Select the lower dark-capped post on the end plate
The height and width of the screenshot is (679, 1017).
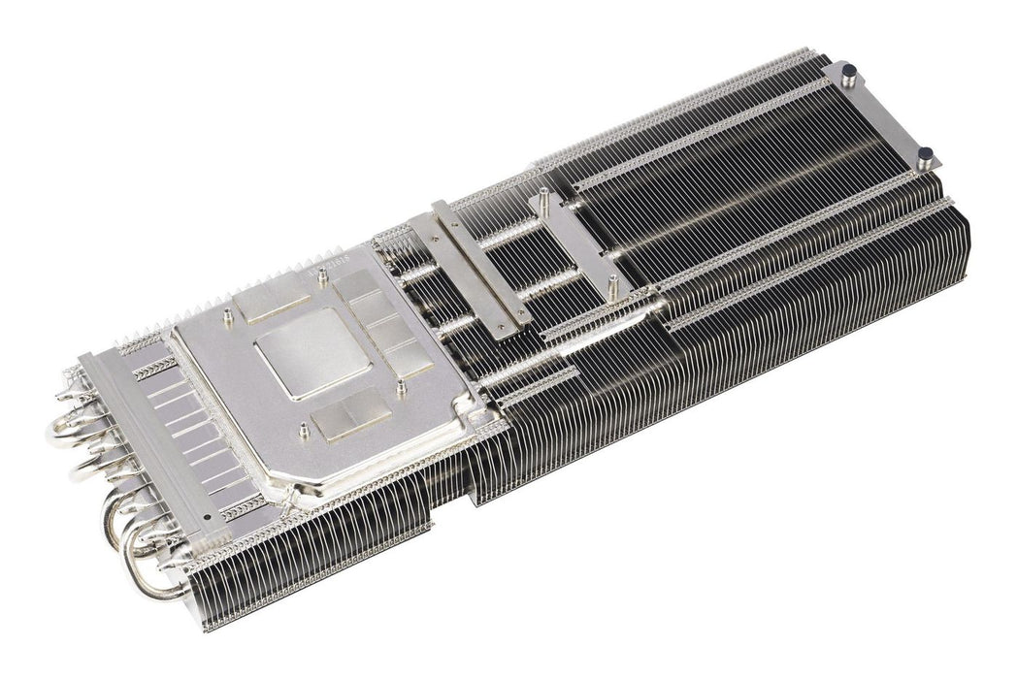click(924, 153)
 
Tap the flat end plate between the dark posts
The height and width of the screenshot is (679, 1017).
click(883, 112)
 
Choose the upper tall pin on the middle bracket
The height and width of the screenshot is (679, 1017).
click(543, 197)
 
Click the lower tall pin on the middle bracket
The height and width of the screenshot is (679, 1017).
click(612, 281)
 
